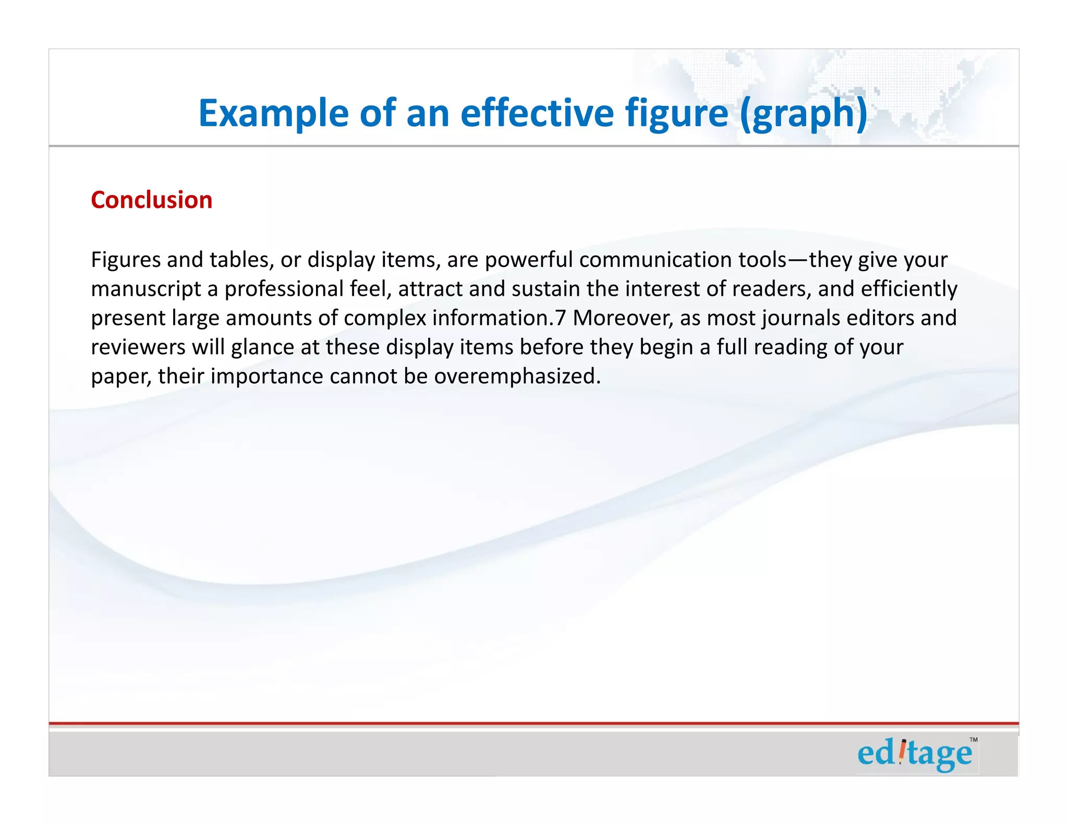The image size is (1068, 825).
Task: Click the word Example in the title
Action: pos(273,113)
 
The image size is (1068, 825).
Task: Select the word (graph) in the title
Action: pos(804,113)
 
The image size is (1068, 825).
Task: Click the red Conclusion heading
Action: pos(152,200)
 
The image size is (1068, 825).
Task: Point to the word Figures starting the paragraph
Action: pos(126,260)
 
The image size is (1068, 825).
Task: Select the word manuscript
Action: pos(146,289)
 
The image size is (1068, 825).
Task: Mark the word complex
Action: pos(385,318)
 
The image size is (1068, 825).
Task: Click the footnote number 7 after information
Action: pos(560,318)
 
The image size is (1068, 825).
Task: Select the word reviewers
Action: pos(138,347)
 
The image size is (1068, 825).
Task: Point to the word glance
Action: pos(262,347)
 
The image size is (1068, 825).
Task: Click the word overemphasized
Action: pos(517,377)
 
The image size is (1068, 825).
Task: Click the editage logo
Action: pos(915,754)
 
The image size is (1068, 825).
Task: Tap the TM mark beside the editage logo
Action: pos(973,740)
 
